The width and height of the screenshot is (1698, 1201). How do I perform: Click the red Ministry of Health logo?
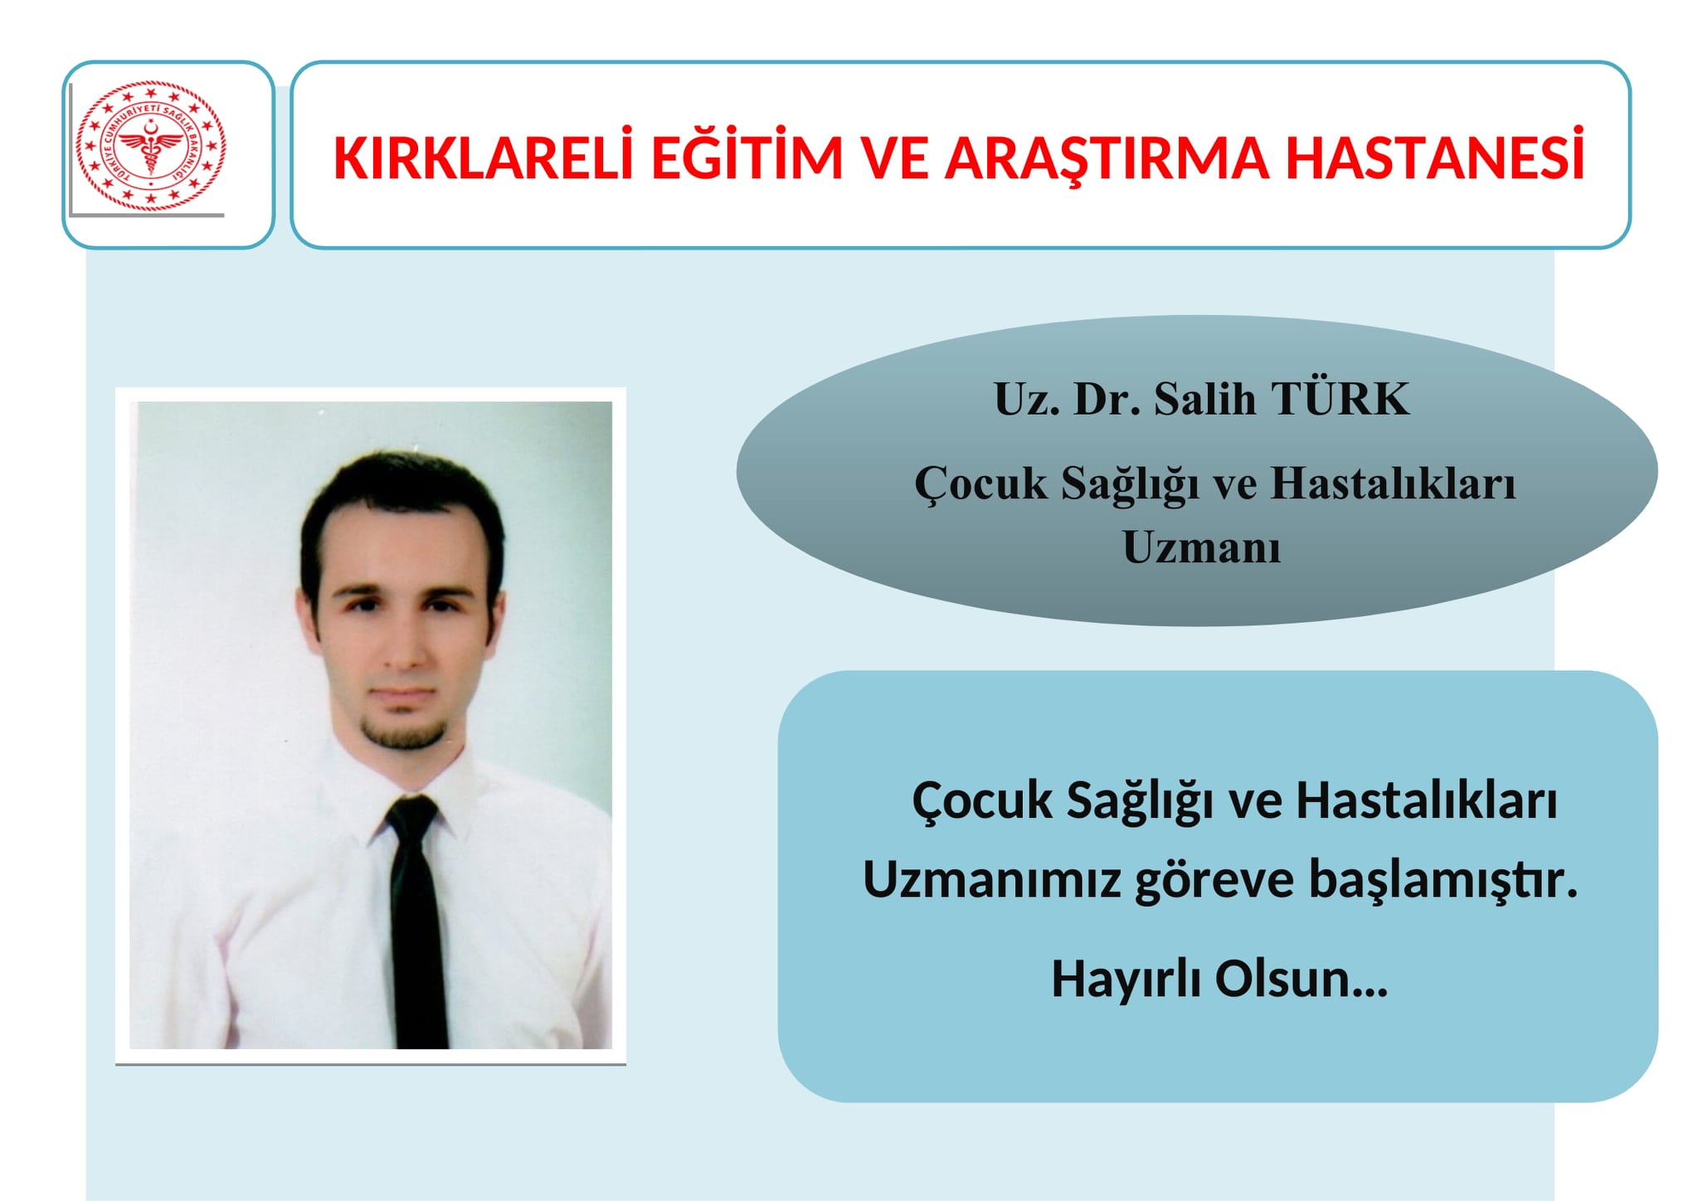(x=150, y=145)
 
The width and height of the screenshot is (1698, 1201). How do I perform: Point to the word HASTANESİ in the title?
(x=1436, y=157)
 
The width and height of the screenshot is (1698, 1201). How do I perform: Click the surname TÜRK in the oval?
(x=1340, y=399)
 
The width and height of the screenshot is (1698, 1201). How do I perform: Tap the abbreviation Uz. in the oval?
(x=1025, y=399)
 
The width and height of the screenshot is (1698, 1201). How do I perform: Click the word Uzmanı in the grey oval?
(x=1201, y=547)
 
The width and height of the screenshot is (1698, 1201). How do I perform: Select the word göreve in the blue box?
(x=1214, y=881)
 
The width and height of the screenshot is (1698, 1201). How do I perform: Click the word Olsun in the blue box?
(x=1283, y=979)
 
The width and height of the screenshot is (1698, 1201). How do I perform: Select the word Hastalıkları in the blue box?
(x=1426, y=801)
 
